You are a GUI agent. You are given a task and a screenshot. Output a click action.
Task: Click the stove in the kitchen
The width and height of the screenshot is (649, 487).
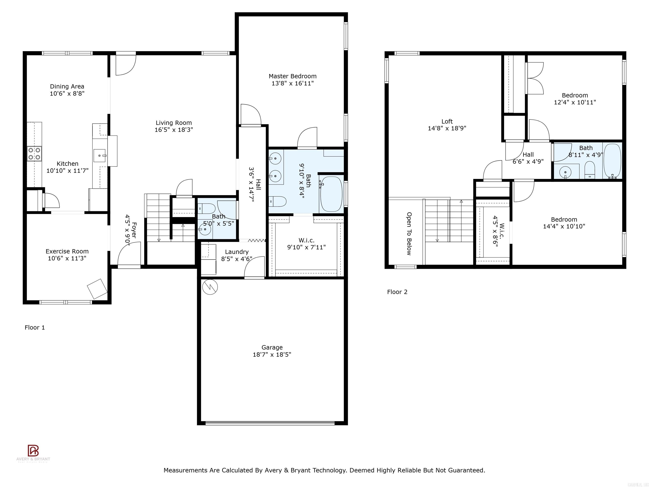coord(34,153)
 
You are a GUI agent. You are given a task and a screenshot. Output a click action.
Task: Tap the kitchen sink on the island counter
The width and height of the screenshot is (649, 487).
coord(100,155)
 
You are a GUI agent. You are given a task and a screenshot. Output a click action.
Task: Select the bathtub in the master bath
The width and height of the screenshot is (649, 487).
coord(331,194)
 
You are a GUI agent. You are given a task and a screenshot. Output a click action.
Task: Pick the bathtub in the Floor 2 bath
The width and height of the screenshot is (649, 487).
coord(612,161)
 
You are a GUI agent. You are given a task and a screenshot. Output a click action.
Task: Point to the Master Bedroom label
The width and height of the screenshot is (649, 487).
coord(293,76)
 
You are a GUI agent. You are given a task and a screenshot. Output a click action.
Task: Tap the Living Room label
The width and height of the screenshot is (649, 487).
coord(174,123)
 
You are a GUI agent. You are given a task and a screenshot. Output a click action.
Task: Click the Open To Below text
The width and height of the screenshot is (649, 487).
coord(409,234)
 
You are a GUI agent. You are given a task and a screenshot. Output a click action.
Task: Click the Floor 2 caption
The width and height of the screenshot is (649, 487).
coord(397,292)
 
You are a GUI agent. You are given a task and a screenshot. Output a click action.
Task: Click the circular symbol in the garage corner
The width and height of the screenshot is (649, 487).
coord(210,287)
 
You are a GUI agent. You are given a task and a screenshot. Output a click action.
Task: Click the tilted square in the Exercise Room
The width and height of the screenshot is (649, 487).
coord(97,289)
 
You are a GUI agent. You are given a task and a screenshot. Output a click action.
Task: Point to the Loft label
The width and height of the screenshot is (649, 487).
coord(447,122)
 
